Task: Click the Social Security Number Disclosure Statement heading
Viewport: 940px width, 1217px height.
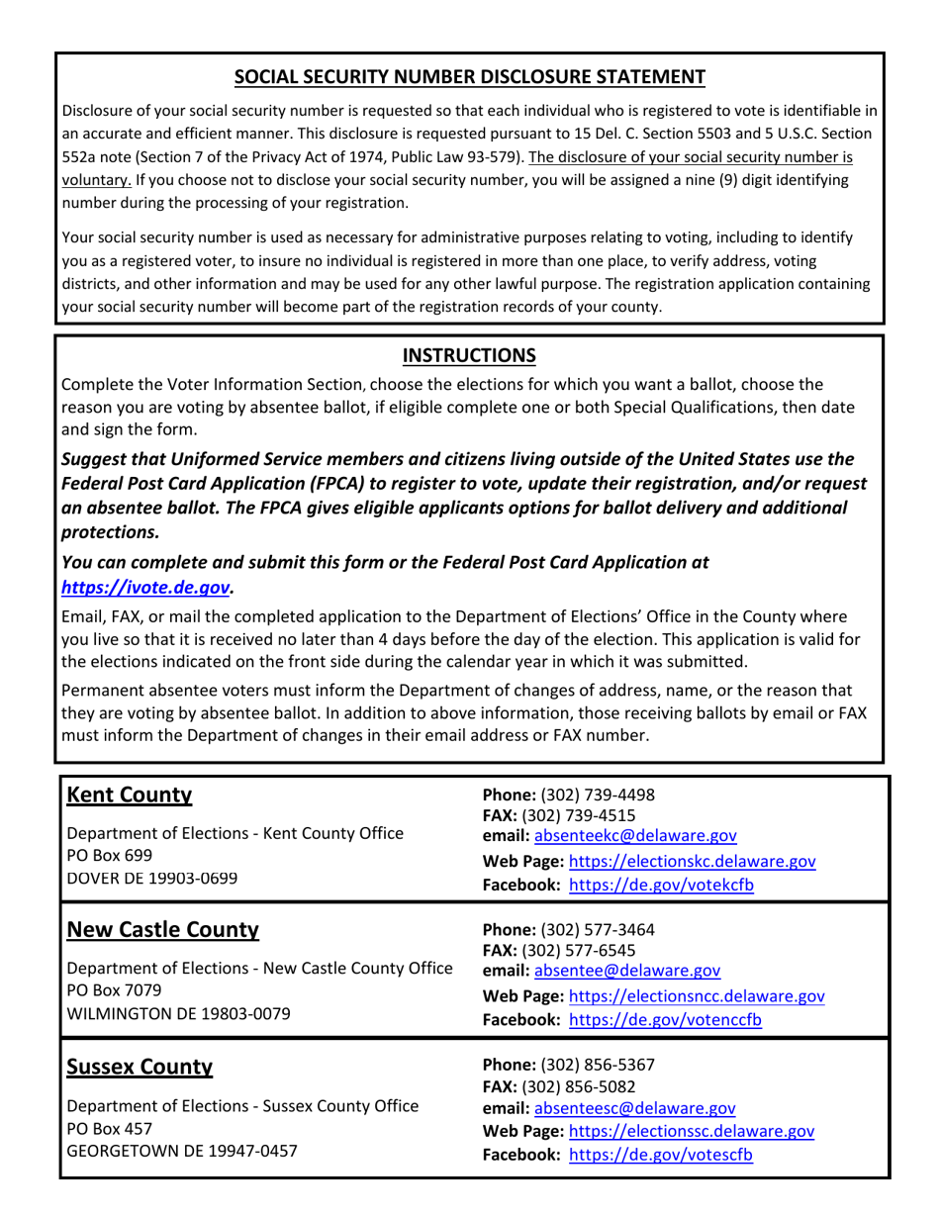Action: point(469,77)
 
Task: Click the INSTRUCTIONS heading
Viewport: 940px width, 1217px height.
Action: point(469,355)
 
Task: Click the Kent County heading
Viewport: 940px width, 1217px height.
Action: point(129,795)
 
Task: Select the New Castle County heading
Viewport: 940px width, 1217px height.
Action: point(162,930)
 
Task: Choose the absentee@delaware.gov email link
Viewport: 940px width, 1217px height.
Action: point(627,971)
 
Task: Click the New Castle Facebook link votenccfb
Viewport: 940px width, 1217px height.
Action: point(666,1020)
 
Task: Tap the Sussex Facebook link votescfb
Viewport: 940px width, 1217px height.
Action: point(661,1155)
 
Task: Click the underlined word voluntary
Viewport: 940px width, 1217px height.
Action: point(96,180)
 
